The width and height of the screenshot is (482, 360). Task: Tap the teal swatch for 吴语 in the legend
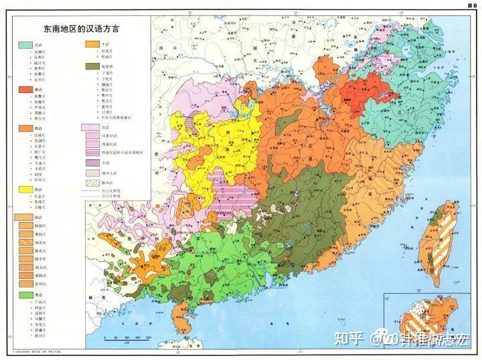click(23, 43)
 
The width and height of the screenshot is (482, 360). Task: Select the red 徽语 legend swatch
click(23, 90)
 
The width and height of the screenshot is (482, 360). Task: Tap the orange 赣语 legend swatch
click(23, 128)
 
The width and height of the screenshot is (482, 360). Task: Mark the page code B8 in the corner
click(471, 5)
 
